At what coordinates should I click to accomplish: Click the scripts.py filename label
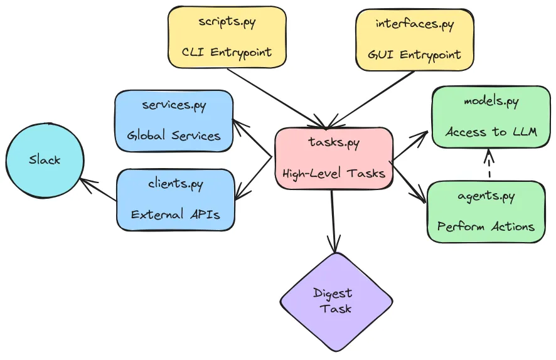[227, 22]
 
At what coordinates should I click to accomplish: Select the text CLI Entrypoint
[227, 53]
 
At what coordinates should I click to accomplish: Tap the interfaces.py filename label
[415, 24]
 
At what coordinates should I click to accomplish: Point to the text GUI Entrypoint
[414, 55]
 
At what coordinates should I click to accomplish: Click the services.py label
[174, 105]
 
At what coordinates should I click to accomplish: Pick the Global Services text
[174, 135]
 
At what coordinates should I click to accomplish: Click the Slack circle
[45, 160]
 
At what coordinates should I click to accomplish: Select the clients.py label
[176, 184]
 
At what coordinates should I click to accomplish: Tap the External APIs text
[176, 214]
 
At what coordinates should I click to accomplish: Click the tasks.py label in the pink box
[334, 142]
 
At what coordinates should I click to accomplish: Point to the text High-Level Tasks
[334, 174]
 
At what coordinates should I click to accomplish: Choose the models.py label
[491, 102]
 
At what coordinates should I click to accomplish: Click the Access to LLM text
[491, 132]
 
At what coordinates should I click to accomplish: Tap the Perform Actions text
[486, 226]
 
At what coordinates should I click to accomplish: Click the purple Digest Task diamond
[336, 302]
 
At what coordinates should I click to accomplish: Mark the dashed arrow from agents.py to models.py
[489, 163]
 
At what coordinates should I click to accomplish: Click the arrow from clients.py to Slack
[99, 189]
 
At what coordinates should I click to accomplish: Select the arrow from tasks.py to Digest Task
[333, 221]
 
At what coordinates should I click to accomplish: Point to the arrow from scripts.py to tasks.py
[277, 98]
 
